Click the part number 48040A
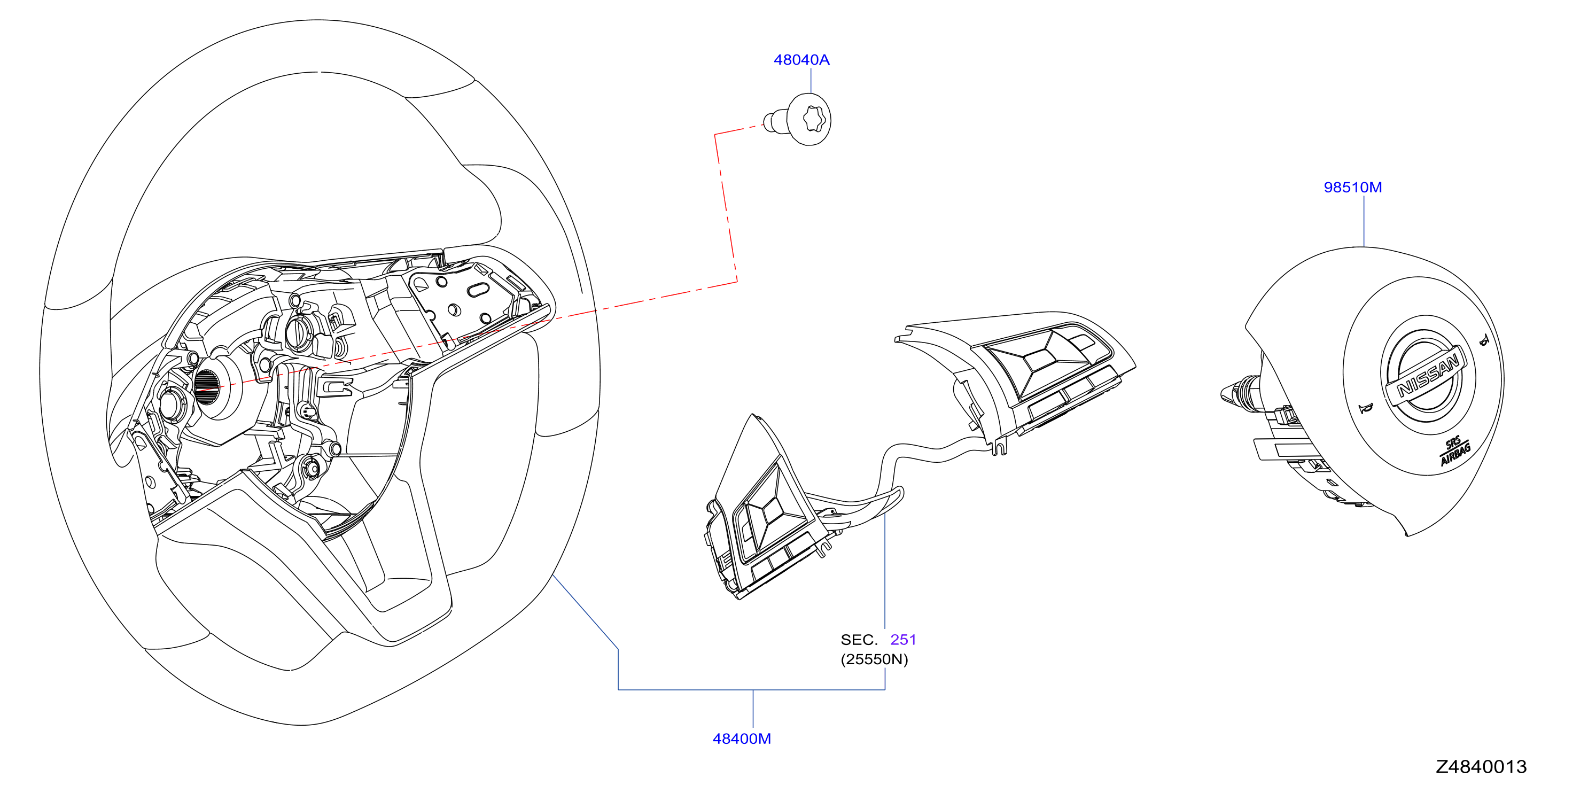[x=801, y=60]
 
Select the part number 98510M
[x=1352, y=188]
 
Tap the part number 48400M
[x=742, y=738]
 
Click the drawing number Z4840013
[x=1481, y=766]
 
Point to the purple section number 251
[x=903, y=640]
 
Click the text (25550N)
[x=874, y=659]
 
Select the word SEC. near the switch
[x=859, y=640]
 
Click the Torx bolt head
[x=810, y=119]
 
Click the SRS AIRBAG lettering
[x=1455, y=451]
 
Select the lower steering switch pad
[x=765, y=512]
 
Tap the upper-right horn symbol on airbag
[x=1484, y=340]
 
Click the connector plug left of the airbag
[x=1240, y=393]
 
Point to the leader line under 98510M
[x=1364, y=221]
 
